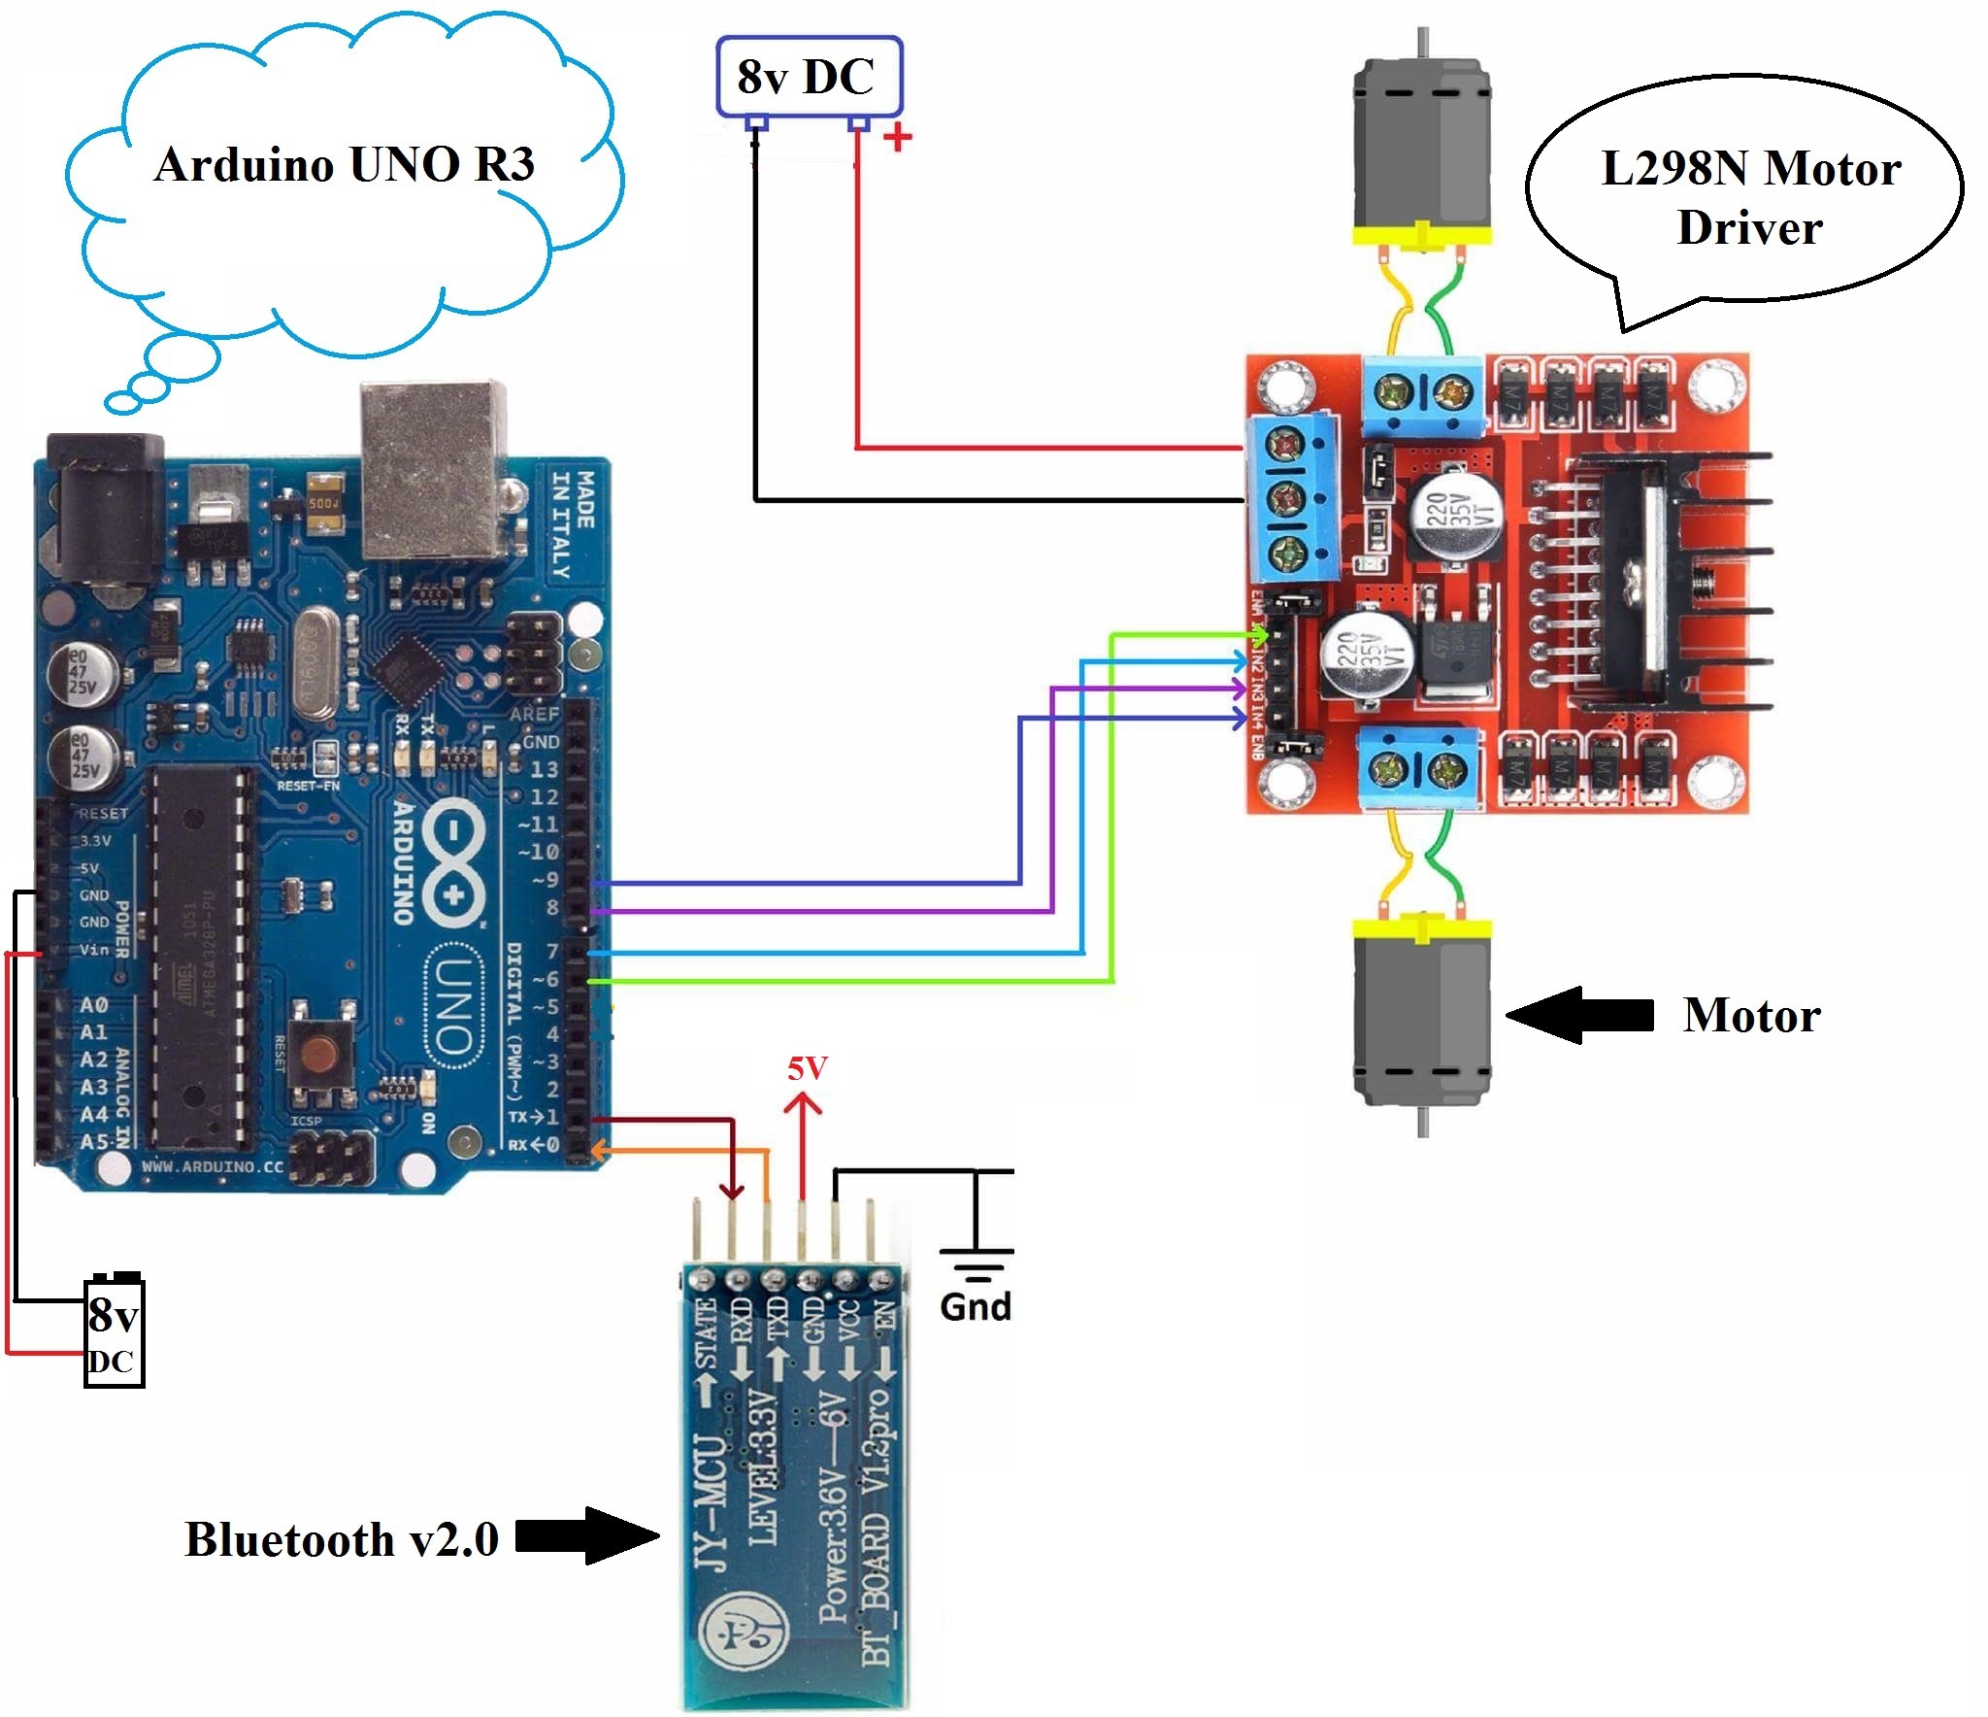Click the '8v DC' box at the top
[x=809, y=78]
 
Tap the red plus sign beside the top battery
[x=898, y=137]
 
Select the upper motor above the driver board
[x=1421, y=146]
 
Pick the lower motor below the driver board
[x=1421, y=1015]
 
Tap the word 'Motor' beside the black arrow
[x=1751, y=1016]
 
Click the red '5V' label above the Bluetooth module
[x=807, y=1069]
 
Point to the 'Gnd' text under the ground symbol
[x=975, y=1307]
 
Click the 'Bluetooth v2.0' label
[x=342, y=1540]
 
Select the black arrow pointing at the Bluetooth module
[x=587, y=1536]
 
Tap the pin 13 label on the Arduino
[x=544, y=770]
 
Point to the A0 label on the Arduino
[x=94, y=1005]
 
